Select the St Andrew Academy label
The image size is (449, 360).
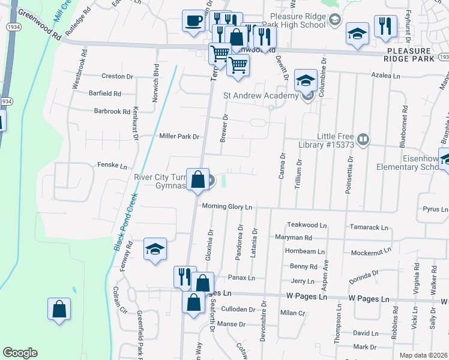(x=261, y=95)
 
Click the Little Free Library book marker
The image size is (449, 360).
(x=363, y=140)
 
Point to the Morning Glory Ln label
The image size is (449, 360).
(x=227, y=206)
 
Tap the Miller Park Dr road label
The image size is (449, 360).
(x=179, y=136)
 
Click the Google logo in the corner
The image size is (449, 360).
(x=20, y=353)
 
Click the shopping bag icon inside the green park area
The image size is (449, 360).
(x=59, y=310)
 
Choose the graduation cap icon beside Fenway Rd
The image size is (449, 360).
(x=155, y=250)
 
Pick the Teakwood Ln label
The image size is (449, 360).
(x=306, y=225)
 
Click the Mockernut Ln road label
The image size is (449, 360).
(x=371, y=250)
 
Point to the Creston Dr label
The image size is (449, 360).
(x=117, y=76)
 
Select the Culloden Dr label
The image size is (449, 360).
(x=238, y=310)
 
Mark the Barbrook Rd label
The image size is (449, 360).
(x=112, y=111)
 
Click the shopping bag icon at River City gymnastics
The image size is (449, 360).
(x=197, y=179)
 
